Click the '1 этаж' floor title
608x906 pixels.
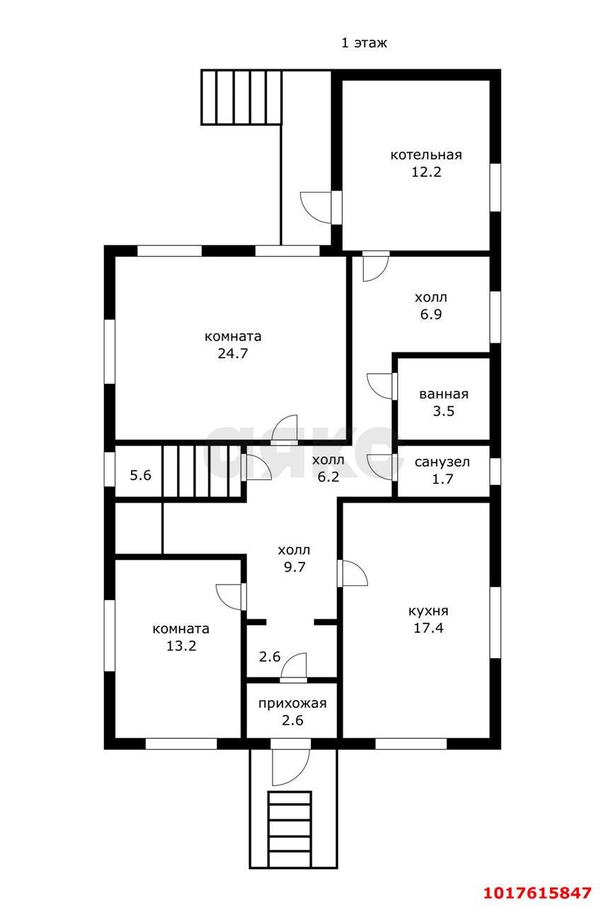pos(364,43)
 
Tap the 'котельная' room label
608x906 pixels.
pos(426,155)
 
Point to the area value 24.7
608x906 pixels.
pos(233,353)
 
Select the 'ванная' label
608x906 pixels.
pos(444,394)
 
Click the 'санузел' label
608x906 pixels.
pos(442,462)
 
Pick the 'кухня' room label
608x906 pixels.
pos(428,611)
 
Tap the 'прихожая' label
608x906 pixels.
pos(292,704)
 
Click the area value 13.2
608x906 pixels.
pos(181,646)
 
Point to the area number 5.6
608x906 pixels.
pos(140,475)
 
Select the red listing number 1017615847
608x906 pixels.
pos(538,893)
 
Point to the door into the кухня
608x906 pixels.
pos(352,573)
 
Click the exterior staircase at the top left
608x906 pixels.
pos(241,97)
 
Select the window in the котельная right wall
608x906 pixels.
pos(495,188)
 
